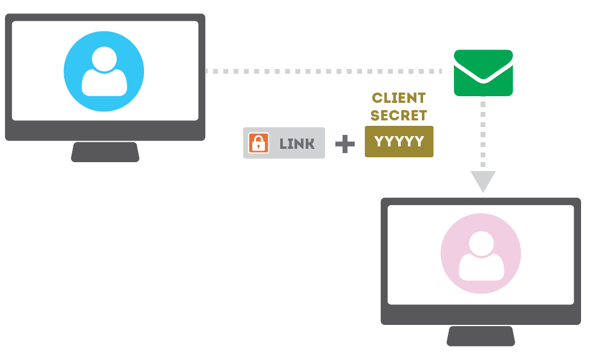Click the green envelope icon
(484, 73)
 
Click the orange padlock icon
(258, 143)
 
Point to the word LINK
(297, 143)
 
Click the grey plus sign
(345, 143)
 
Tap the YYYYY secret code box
(399, 142)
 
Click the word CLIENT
(399, 98)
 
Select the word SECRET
(399, 115)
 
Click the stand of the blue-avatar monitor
(105, 152)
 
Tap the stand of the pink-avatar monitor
(481, 336)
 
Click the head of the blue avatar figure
(105, 59)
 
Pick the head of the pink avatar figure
(481, 243)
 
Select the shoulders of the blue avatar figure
(105, 84)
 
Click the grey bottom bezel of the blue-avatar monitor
(105, 131)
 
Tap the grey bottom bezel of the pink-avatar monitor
(481, 315)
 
